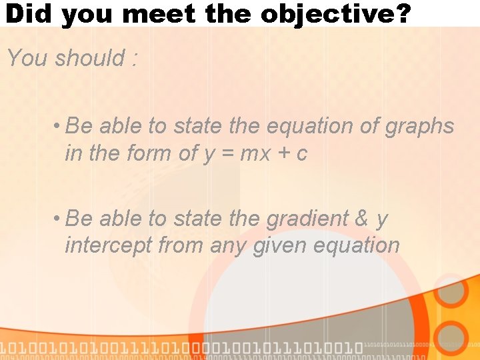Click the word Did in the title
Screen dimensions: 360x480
point(28,13)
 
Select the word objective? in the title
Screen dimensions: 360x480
point(335,13)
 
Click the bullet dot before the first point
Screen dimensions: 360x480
point(59,126)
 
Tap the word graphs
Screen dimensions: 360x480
point(419,126)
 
